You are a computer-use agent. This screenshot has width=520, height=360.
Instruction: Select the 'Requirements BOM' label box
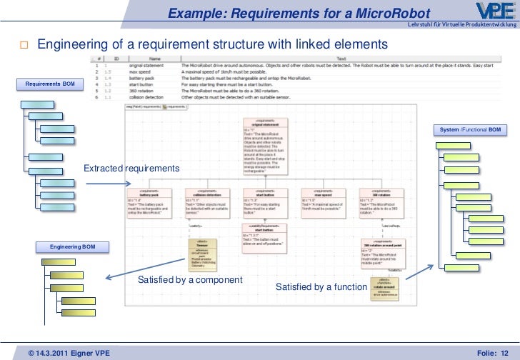tap(50, 84)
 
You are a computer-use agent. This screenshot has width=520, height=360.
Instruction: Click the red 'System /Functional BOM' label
tap(471, 129)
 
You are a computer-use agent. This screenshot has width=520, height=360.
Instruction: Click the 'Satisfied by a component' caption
tap(190, 279)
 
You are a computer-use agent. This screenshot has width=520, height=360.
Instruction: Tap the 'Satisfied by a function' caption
tap(321, 287)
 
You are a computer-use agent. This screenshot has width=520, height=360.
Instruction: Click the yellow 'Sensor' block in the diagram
tap(202, 254)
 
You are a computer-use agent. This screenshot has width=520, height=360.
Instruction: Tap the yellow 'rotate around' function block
tap(384, 289)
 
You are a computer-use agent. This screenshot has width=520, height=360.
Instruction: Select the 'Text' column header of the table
tap(341, 59)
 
